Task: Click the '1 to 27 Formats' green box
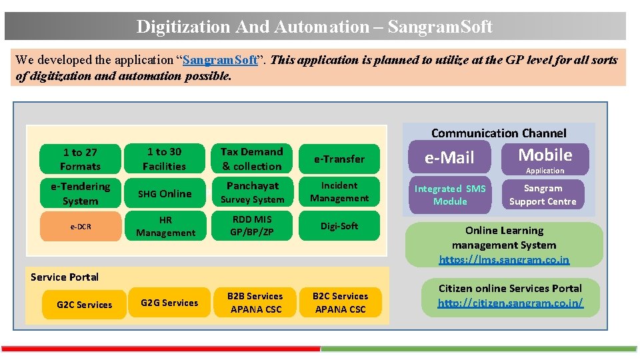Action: click(80, 159)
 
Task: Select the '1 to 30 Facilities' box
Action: click(164, 159)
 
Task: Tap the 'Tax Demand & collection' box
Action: click(252, 159)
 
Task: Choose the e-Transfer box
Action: click(339, 159)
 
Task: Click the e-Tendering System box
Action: click(80, 193)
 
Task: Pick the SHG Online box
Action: click(164, 193)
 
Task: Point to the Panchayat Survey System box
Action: click(252, 193)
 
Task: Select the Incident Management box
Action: click(339, 192)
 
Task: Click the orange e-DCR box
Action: click(80, 227)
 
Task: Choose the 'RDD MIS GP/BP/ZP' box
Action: click(252, 225)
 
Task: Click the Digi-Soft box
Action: click(339, 226)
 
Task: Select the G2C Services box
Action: click(84, 305)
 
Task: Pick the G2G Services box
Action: click(169, 303)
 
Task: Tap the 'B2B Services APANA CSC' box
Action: click(255, 303)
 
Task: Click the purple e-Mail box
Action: click(449, 158)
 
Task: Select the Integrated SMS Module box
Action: click(450, 195)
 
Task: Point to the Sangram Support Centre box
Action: click(543, 195)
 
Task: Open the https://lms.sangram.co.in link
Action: click(504, 259)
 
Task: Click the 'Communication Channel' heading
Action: click(499, 133)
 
